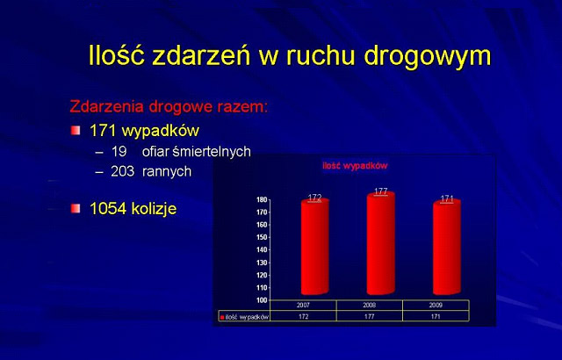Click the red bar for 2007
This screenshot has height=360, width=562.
[314, 247]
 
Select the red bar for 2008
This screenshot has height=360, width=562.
[380, 243]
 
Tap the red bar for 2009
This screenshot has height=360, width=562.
[447, 248]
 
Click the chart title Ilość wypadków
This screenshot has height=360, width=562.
[355, 166]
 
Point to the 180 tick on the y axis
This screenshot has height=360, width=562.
[262, 200]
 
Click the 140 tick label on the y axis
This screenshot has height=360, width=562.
[262, 250]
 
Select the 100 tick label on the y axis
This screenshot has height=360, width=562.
[262, 300]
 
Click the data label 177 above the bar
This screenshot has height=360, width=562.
[380, 191]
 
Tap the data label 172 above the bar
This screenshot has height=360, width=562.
[314, 198]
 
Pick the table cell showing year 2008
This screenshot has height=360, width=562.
[369, 306]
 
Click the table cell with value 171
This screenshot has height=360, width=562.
[436, 317]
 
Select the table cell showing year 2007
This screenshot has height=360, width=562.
[303, 306]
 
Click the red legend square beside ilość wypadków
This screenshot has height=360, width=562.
[222, 317]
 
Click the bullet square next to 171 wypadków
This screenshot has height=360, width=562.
[76, 130]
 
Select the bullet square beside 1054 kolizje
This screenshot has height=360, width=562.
[76, 208]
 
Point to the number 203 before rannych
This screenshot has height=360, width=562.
[122, 171]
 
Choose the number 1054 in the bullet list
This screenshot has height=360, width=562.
[107, 208]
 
